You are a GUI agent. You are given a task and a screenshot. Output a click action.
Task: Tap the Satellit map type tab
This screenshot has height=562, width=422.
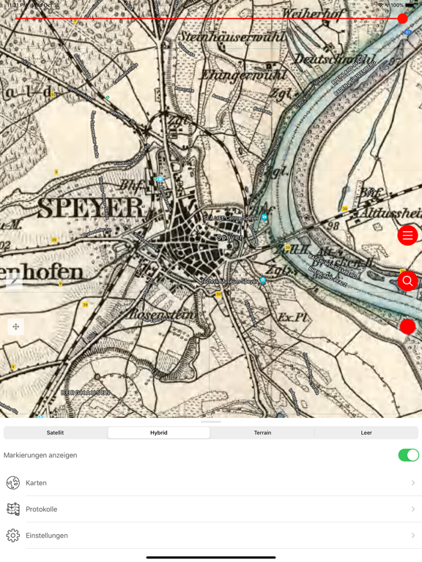[55, 432]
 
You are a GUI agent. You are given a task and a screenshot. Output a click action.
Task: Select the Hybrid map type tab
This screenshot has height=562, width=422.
[159, 432]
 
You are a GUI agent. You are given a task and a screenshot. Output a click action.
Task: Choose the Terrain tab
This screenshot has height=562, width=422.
[262, 432]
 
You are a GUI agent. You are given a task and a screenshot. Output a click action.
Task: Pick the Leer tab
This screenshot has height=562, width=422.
[366, 432]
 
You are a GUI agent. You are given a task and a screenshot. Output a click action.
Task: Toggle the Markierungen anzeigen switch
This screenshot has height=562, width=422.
[408, 455]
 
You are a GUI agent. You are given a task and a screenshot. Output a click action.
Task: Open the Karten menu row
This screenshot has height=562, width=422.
[37, 483]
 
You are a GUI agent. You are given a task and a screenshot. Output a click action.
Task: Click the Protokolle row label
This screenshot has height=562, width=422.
[42, 509]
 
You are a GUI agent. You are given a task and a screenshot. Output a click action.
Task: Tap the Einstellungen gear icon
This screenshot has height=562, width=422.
[13, 536]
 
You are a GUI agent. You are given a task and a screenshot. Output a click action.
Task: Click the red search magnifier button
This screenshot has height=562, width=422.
[408, 281]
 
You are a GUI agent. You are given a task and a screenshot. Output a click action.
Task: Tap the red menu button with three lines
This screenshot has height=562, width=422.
[408, 236]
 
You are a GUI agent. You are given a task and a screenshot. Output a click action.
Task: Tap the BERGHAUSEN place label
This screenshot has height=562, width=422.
[85, 393]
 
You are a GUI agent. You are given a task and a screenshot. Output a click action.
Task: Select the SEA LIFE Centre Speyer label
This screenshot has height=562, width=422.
[231, 218]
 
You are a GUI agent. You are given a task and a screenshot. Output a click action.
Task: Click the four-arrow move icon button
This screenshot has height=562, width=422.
[15, 326]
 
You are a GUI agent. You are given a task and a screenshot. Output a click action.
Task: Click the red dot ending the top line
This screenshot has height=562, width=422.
[402, 19]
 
